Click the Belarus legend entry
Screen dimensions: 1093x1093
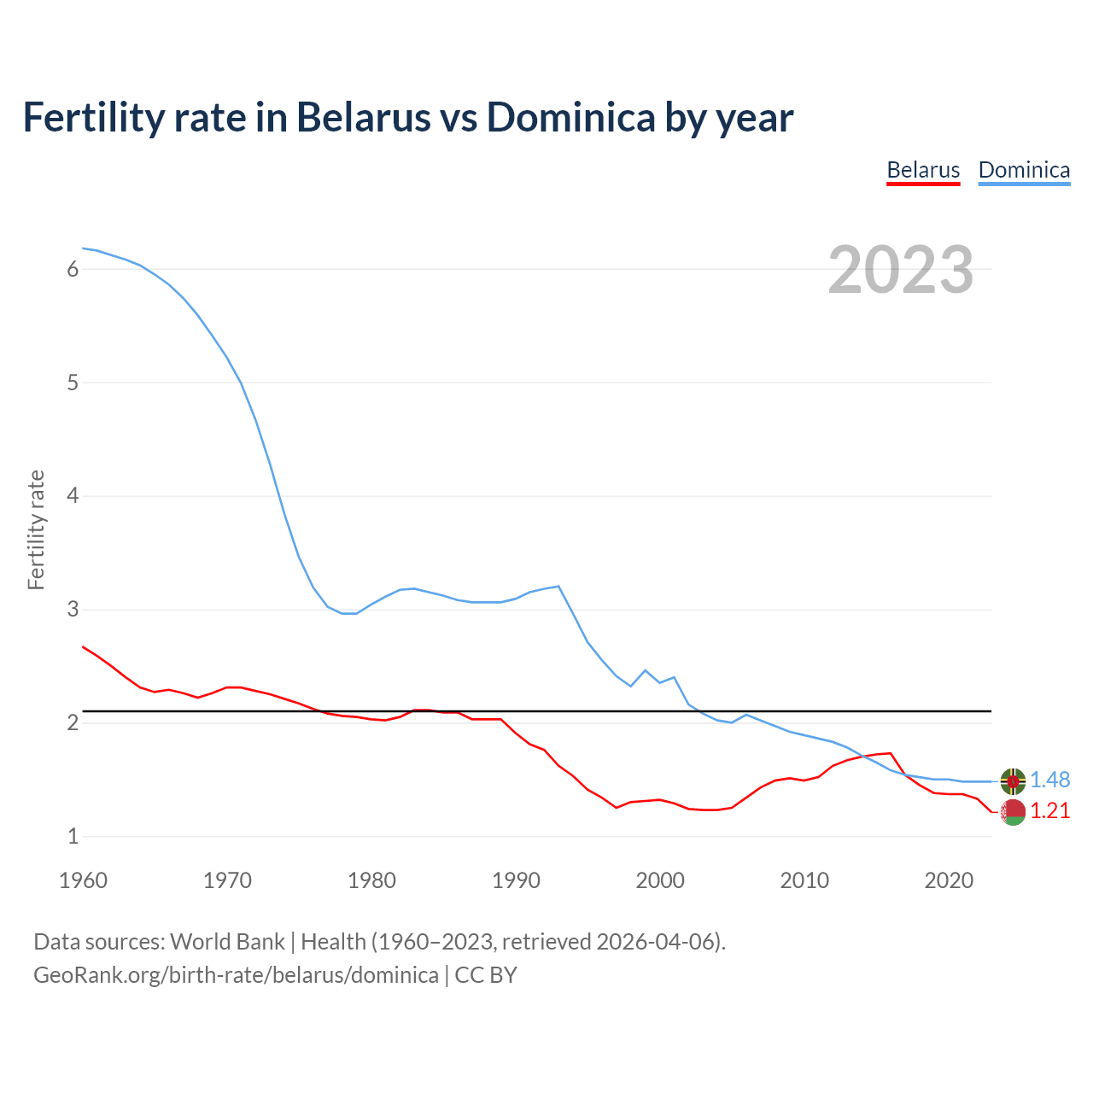pyautogui.click(x=923, y=170)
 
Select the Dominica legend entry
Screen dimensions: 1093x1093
pyautogui.click(x=1024, y=170)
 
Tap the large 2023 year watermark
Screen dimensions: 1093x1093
pyautogui.click(x=901, y=270)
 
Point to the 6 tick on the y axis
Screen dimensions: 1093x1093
pyautogui.click(x=73, y=269)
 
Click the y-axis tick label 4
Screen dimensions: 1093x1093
pyautogui.click(x=73, y=496)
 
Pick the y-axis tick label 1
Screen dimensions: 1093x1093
pyautogui.click(x=73, y=837)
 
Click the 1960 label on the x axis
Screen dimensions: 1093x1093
pyautogui.click(x=83, y=880)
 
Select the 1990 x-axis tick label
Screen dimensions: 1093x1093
pyautogui.click(x=516, y=880)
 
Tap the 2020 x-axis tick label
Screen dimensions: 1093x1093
pyautogui.click(x=949, y=880)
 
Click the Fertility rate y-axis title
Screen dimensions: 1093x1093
pyautogui.click(x=36, y=529)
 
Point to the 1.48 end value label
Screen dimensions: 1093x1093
pyautogui.click(x=1049, y=780)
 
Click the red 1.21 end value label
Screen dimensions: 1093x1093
pyautogui.click(x=1049, y=811)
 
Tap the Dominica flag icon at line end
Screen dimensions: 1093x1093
pyautogui.click(x=1013, y=780)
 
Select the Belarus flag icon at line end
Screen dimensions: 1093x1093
pyautogui.click(x=1013, y=812)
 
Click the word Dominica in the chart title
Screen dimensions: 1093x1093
pyautogui.click(x=570, y=117)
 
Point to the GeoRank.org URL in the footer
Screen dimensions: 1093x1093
pyautogui.click(x=236, y=974)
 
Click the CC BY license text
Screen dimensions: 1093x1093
pyautogui.click(x=486, y=974)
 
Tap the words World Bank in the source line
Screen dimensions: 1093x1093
pyautogui.click(x=227, y=942)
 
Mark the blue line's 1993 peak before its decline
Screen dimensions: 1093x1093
pyautogui.click(x=558, y=586)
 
